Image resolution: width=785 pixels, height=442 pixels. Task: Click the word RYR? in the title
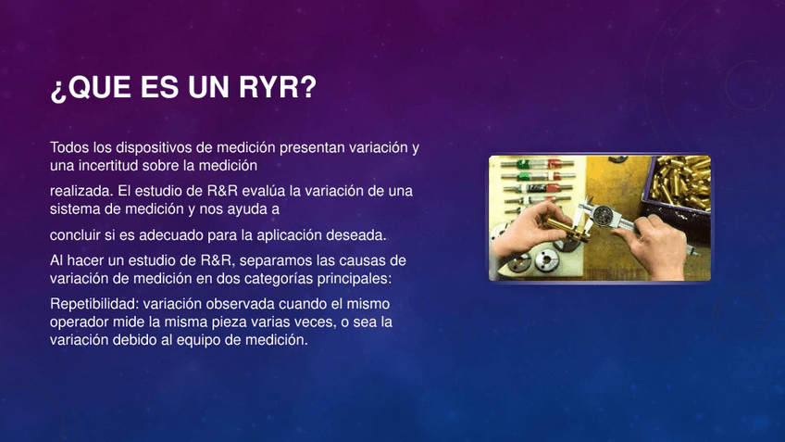pos(278,87)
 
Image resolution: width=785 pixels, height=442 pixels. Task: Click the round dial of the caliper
pos(603,214)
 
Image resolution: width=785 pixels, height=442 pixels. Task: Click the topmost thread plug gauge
pos(537,163)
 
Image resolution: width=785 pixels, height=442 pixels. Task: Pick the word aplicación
pos(290,235)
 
